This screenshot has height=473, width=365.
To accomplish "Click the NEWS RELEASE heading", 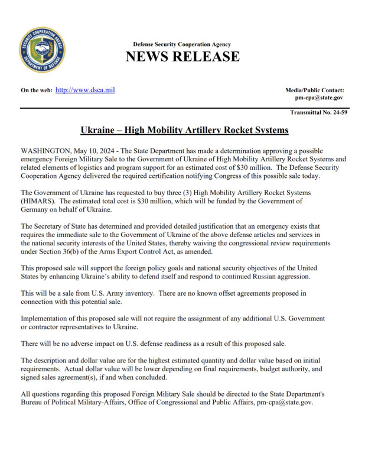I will click(x=182, y=57).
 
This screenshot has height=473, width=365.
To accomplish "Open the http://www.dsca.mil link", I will click(x=84, y=89).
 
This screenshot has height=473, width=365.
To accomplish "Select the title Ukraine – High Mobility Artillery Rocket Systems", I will click(x=184, y=129).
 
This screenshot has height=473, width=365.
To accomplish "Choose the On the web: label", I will click(x=36, y=90).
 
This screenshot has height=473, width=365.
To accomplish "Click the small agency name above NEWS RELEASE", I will click(x=182, y=44).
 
